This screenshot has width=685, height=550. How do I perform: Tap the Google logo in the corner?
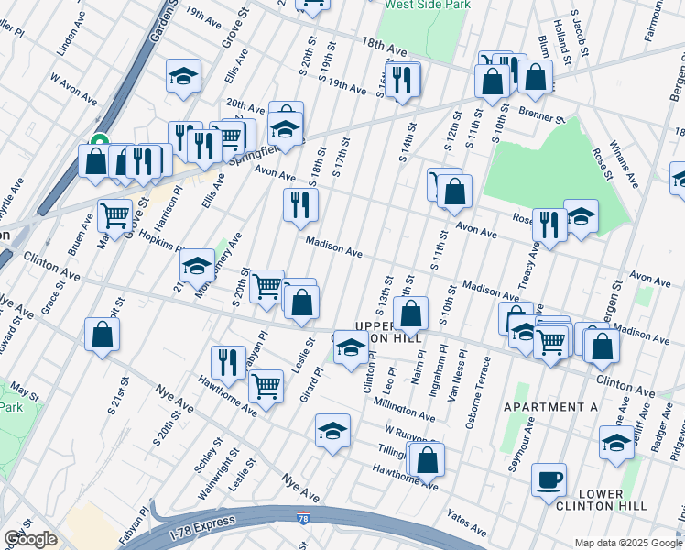(30, 539)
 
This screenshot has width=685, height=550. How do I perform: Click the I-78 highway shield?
(303, 519)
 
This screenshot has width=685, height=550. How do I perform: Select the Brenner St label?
(538, 117)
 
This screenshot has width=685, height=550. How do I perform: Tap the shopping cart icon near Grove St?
(114, 216)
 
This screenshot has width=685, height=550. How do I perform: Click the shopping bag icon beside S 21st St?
(102, 335)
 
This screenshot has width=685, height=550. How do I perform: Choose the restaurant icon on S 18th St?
(299, 204)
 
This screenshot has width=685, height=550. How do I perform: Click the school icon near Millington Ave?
(332, 429)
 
